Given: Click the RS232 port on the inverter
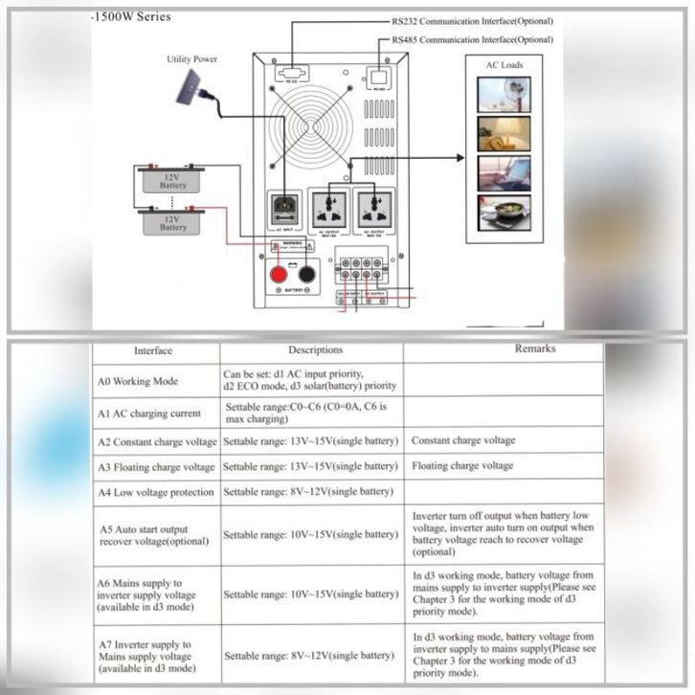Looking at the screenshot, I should pyautogui.click(x=288, y=71).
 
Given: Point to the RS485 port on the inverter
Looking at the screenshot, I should pyautogui.click(x=379, y=75).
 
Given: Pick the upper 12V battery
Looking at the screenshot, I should pyautogui.click(x=173, y=180).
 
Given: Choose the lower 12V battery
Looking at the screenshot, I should pyautogui.click(x=173, y=223).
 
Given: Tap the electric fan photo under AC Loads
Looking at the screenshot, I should pyautogui.click(x=503, y=96).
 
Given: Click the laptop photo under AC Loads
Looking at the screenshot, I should pyautogui.click(x=503, y=174).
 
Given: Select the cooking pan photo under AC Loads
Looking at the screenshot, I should pyautogui.click(x=503, y=213).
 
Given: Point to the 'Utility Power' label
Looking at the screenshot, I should pyautogui.click(x=191, y=59).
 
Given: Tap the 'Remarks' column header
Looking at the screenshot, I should pyautogui.click(x=534, y=348).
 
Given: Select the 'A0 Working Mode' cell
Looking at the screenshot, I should pyautogui.click(x=138, y=381).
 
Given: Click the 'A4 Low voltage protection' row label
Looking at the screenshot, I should pyautogui.click(x=156, y=492).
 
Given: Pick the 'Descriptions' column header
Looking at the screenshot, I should pyautogui.click(x=315, y=350).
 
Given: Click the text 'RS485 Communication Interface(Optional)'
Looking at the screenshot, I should pyautogui.click(x=473, y=39).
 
